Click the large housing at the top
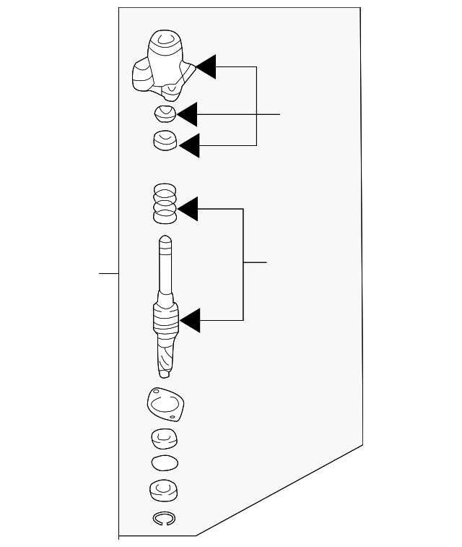(x=163, y=63)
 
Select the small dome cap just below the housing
(x=165, y=113)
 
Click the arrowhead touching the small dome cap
(x=188, y=114)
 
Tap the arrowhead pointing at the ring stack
(x=188, y=210)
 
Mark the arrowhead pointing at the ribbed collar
(x=190, y=320)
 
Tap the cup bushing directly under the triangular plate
(x=165, y=438)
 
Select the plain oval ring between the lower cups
(x=165, y=462)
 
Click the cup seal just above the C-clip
(x=165, y=490)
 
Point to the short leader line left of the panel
(x=108, y=275)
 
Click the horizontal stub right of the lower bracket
(x=255, y=262)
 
